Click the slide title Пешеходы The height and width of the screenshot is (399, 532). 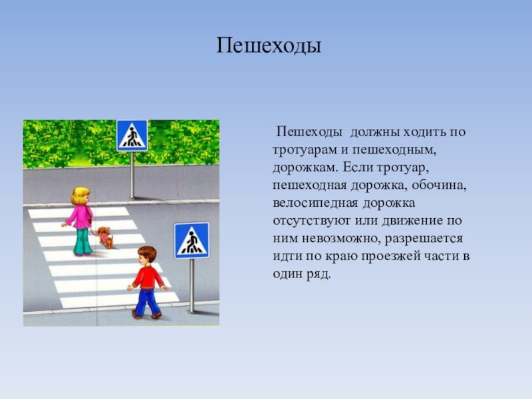(269, 46)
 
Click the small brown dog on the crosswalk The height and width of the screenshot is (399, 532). (105, 237)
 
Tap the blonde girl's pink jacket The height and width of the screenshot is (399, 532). (80, 217)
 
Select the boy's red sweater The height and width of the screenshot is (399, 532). (148, 277)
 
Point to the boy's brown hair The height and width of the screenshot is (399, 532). (148, 253)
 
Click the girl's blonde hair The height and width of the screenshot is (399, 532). (80, 196)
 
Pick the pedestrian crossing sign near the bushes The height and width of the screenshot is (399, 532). (132, 136)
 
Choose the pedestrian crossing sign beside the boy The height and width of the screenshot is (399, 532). (192, 241)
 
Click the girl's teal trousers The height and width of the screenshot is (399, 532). (82, 241)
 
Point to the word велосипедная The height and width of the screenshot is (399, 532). (315, 203)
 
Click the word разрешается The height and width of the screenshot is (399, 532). (424, 239)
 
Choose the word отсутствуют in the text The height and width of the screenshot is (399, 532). (311, 221)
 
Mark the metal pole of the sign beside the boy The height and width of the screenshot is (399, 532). (192, 286)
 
